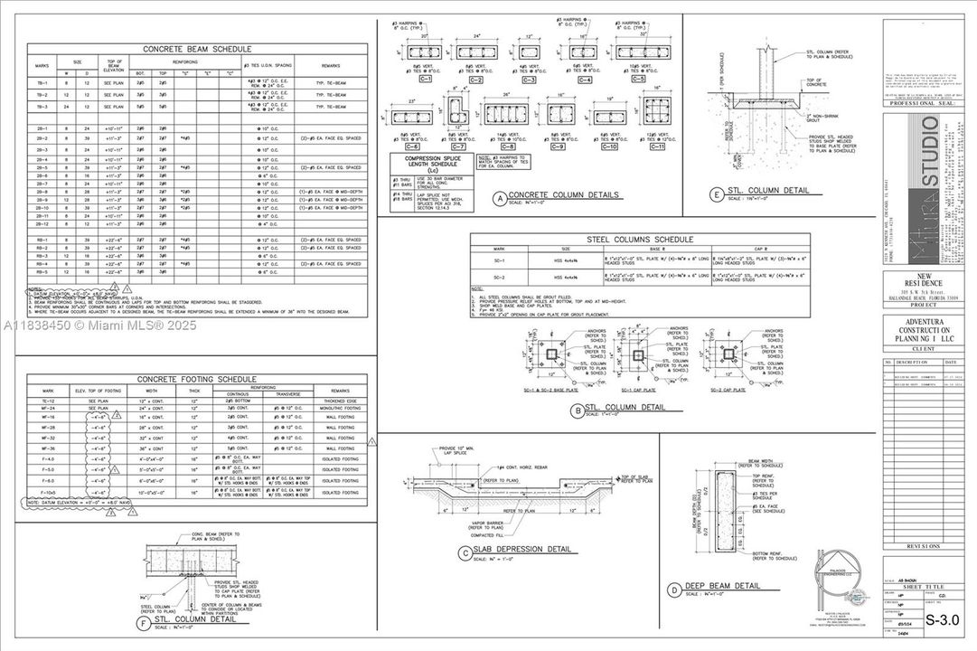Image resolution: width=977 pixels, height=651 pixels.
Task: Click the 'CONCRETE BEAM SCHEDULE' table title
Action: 196,49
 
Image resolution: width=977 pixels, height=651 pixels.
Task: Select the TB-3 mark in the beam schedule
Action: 42,107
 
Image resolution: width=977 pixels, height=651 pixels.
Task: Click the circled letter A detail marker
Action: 498,196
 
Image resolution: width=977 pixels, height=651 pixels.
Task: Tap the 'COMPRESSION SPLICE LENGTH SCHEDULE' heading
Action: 430,164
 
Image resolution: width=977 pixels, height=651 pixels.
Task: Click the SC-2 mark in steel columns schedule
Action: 498,274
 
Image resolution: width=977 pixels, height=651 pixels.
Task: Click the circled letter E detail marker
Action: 716,193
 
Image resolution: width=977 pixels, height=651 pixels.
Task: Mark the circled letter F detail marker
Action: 143,621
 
